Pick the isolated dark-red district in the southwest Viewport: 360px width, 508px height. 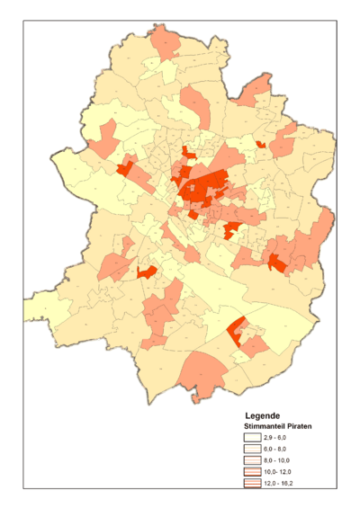click(x=147, y=271)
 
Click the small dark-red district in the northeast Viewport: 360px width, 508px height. click(x=260, y=144)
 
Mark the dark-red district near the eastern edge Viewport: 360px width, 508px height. click(x=277, y=264)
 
